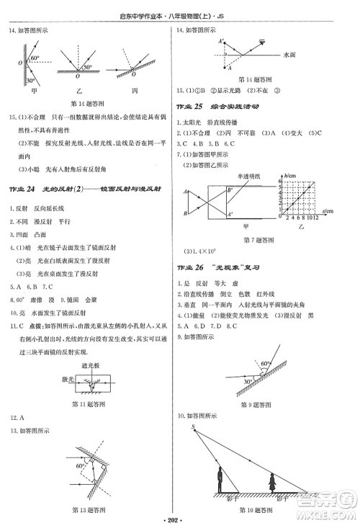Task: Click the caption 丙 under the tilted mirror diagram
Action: point(136,92)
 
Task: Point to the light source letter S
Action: point(193,427)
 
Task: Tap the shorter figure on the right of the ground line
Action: point(271,485)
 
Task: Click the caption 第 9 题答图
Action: point(257,406)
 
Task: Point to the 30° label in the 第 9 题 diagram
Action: point(247,381)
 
